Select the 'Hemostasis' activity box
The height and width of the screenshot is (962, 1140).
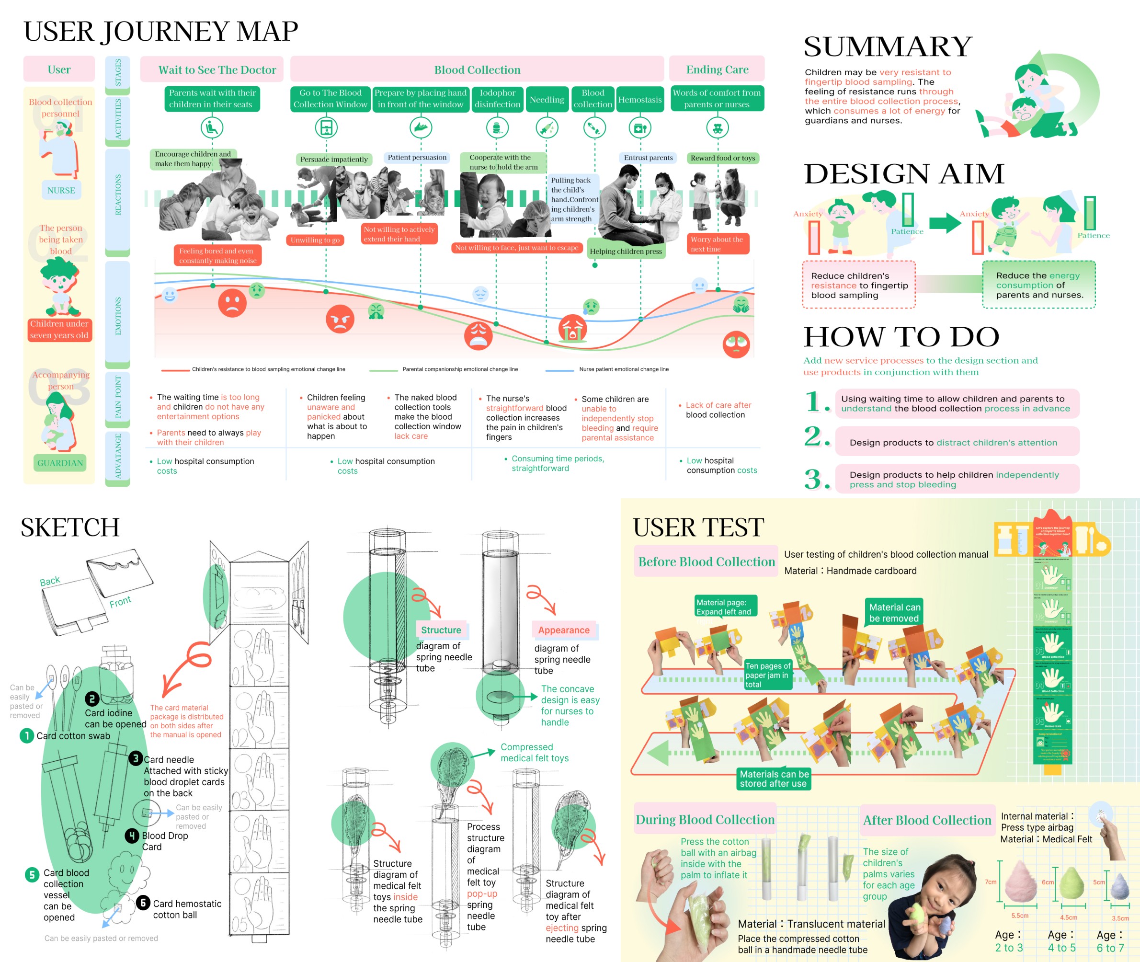639,99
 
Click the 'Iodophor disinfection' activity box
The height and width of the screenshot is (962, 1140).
497,99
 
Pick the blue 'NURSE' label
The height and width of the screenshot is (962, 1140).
61,190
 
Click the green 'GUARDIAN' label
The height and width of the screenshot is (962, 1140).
60,463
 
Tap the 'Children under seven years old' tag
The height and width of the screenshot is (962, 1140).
59,330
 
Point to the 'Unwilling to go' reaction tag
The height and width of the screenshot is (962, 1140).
315,240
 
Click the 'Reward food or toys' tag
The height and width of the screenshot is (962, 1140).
722,158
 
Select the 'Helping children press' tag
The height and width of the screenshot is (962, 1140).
626,251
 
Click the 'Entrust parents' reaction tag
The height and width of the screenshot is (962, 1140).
648,158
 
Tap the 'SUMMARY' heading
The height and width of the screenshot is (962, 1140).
888,46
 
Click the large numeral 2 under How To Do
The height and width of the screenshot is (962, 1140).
816,436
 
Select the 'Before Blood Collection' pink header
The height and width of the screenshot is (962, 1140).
706,561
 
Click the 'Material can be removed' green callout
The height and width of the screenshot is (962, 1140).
894,612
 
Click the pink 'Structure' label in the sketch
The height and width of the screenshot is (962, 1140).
441,630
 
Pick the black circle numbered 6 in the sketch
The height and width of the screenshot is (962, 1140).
143,903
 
